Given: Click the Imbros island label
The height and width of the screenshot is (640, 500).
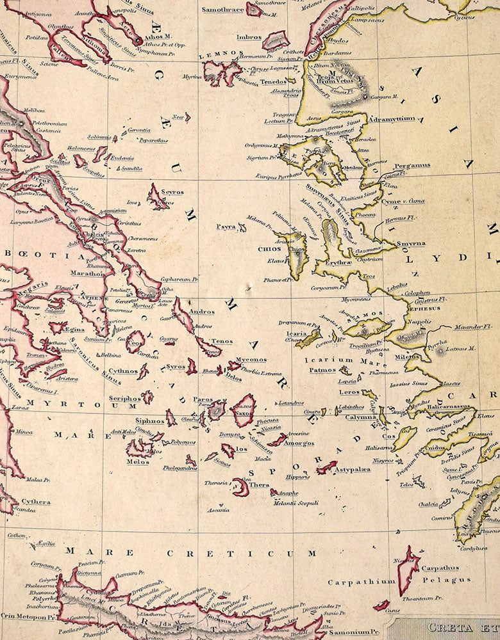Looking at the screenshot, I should [x=249, y=37].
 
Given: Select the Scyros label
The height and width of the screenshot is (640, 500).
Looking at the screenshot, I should [x=172, y=191].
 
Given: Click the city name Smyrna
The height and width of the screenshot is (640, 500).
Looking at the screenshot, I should [x=410, y=244].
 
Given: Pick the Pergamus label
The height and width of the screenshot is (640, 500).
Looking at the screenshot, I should [x=412, y=165].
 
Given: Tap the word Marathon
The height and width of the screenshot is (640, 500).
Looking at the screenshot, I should [x=87, y=273].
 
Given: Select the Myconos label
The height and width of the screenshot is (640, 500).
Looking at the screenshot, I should [x=251, y=359].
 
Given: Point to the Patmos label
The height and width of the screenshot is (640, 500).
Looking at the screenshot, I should [x=322, y=370].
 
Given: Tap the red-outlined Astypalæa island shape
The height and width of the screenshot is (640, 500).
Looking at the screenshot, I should [x=327, y=468].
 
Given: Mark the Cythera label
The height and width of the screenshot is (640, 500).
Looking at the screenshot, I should [x=35, y=502].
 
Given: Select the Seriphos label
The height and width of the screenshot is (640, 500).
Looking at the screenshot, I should [x=124, y=397].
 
